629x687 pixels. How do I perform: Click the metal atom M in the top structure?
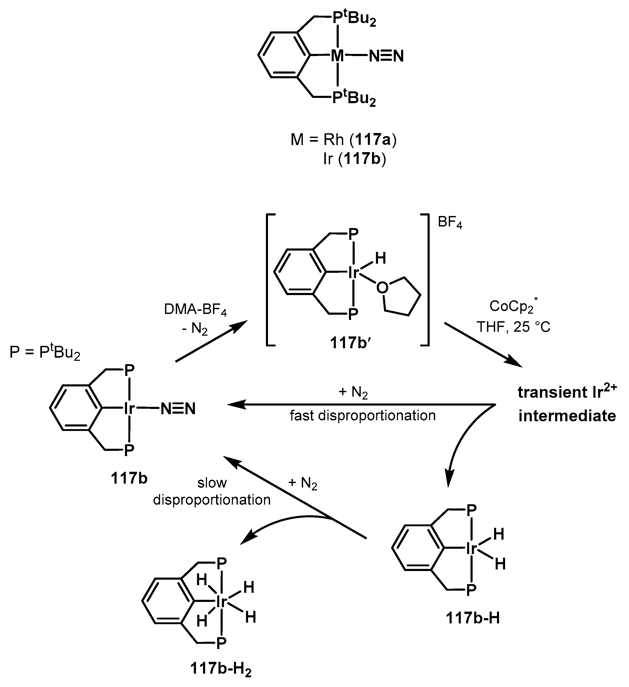click(337, 56)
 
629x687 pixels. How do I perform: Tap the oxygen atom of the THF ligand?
click(382, 288)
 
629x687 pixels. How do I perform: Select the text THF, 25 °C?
click(513, 327)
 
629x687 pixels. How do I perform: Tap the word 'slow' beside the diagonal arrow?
click(212, 483)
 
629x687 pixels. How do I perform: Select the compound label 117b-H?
click(473, 618)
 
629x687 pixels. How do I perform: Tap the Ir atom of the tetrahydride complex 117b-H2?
click(221, 602)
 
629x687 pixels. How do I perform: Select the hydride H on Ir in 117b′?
click(380, 259)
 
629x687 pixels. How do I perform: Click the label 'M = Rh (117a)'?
click(343, 140)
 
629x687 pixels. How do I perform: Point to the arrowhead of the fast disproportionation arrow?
click(235, 405)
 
